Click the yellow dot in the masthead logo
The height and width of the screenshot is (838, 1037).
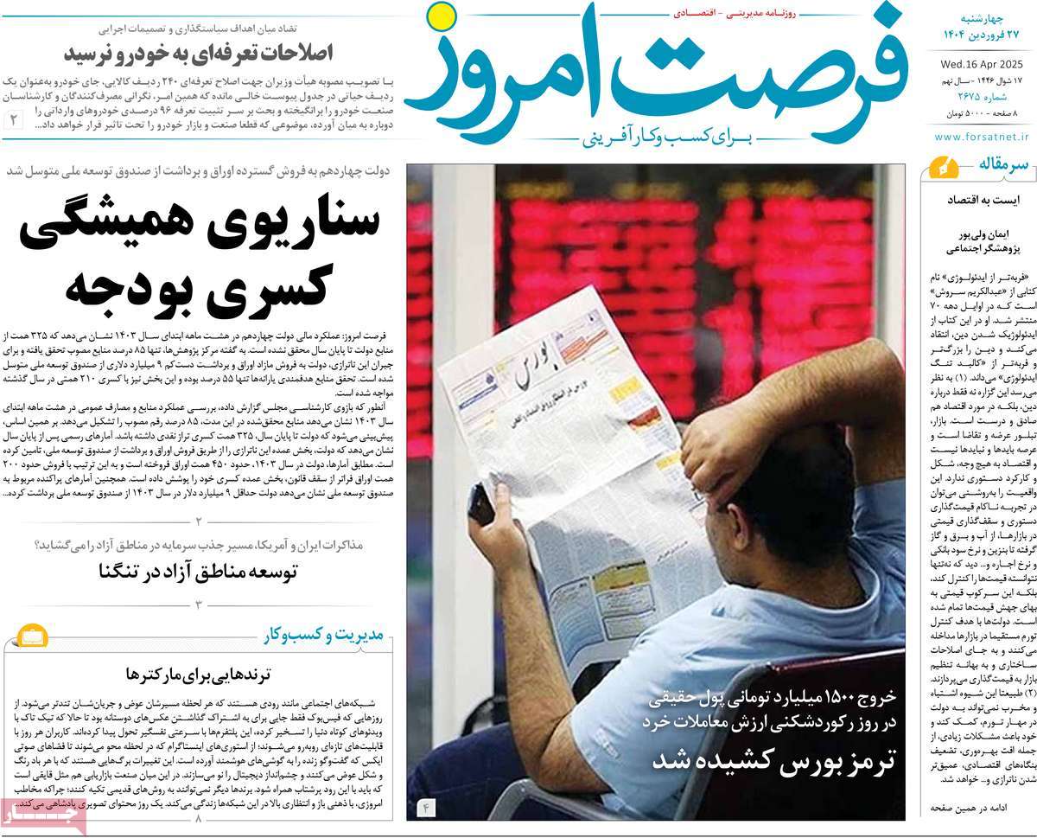[x=442, y=16]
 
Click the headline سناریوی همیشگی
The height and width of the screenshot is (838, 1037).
[x=199, y=219]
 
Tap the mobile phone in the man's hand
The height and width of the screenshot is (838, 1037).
[x=480, y=503]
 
